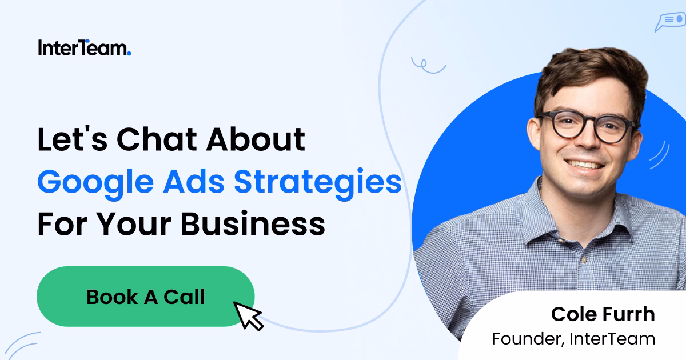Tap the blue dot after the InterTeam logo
[x=129, y=54]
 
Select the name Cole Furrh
[x=603, y=314]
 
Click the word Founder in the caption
[x=527, y=338]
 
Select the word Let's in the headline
[x=71, y=140]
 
